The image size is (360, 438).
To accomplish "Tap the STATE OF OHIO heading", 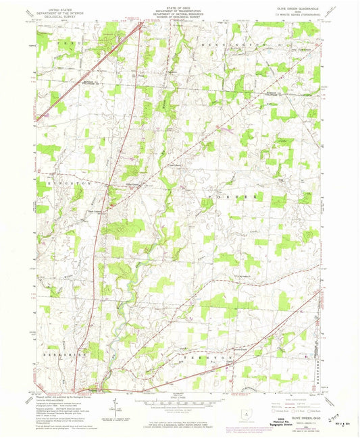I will click(180, 7).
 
